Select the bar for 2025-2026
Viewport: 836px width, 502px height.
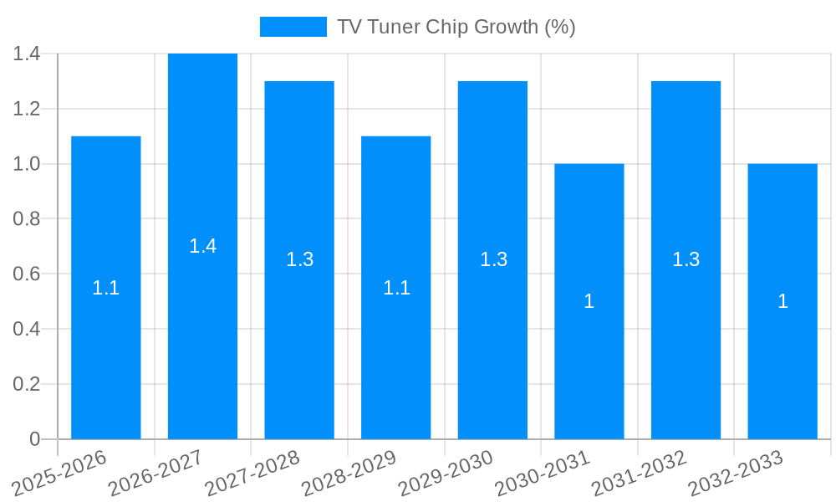[106, 335]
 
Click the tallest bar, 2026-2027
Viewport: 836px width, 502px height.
[202, 335]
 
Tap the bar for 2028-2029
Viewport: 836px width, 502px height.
[396, 351]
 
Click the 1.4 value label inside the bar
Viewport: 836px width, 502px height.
[202, 246]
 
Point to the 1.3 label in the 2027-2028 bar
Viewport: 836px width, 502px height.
[299, 259]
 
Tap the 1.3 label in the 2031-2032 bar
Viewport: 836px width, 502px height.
[686, 259]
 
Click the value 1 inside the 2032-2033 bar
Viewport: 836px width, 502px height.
[782, 301]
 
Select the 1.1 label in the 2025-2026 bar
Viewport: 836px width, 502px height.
[106, 288]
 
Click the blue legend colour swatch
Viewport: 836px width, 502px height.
[293, 27]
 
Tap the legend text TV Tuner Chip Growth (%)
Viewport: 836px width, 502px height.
[456, 27]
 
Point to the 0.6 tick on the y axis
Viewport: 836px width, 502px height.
[27, 274]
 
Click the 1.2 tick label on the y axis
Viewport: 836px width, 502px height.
[27, 109]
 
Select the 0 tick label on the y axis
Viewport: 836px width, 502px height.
[34, 438]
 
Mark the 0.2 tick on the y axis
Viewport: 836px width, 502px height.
[27, 384]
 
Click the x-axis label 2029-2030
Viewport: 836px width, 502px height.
[446, 473]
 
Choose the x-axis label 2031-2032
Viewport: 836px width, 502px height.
[640, 473]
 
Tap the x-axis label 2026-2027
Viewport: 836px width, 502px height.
[156, 473]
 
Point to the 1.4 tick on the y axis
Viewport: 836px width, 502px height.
[27, 54]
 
